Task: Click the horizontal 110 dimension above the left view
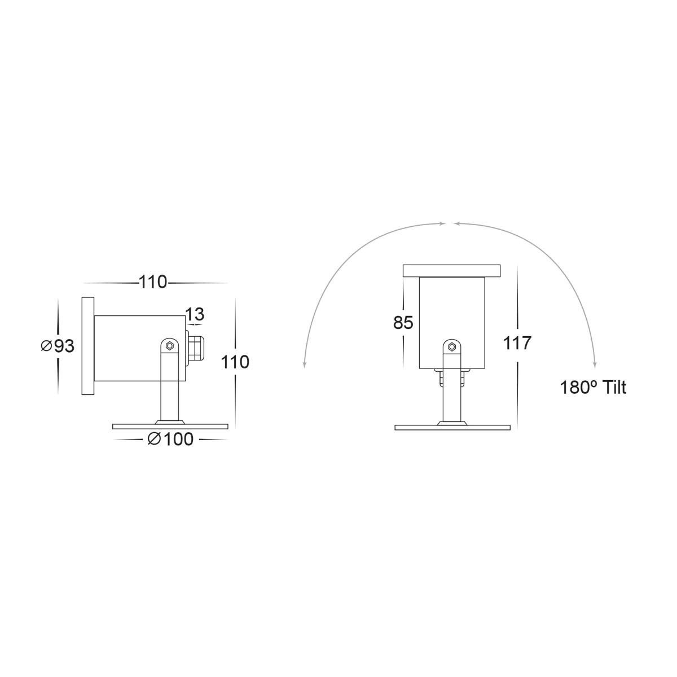153,282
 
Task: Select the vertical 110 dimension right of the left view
235,362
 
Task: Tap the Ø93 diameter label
58,346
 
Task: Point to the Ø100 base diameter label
171,439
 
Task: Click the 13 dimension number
195,314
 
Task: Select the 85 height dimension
403,323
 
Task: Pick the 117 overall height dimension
517,343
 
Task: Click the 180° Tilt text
593,388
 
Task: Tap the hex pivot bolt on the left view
169,346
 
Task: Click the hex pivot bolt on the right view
452,347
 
